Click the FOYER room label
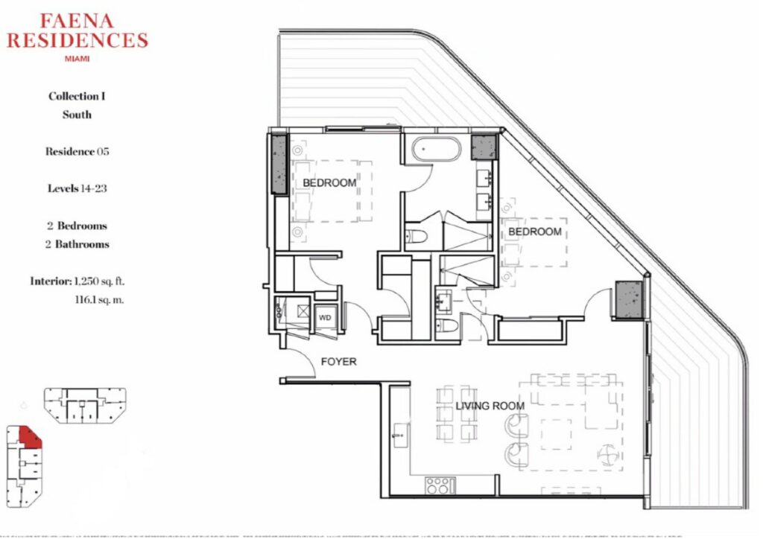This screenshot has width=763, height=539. coord(339,362)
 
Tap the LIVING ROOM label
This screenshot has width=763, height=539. coord(490,406)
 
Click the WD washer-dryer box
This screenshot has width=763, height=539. coord(325,318)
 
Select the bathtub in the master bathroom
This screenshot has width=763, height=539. coord(435,149)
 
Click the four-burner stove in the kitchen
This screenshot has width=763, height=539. coord(440,485)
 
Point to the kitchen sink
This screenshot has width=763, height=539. coord(400,436)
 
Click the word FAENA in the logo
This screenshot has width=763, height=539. coord(77,21)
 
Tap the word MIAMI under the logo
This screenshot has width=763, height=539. coord(77,59)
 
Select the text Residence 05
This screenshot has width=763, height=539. coord(77,151)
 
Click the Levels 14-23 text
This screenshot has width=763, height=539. coord(77,188)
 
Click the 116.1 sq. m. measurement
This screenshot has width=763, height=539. coord(99,300)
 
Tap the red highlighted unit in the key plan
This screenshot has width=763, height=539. coord(30,436)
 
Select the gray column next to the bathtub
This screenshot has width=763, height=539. coord(484,147)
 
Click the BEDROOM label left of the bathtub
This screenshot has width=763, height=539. coord(329,182)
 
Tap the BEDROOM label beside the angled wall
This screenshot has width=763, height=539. coord(535,232)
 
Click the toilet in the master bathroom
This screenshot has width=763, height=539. coord(417,237)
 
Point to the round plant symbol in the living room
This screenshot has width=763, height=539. coord(610,456)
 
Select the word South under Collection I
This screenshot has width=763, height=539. coord(77,115)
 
